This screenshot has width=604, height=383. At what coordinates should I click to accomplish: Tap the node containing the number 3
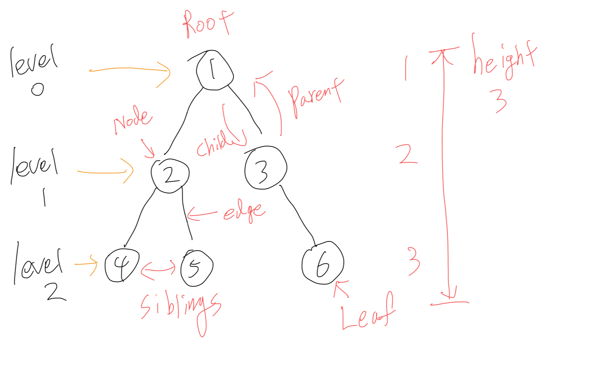pos(265,168)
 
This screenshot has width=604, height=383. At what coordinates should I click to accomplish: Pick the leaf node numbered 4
pos(122,265)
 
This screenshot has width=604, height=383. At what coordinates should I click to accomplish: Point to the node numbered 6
pos(323,263)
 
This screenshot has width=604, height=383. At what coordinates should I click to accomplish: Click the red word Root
pos(207,24)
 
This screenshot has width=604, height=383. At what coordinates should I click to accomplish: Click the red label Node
pos(133,119)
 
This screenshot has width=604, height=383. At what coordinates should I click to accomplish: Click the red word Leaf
pos(367,313)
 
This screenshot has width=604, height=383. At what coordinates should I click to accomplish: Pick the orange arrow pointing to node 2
pos(105,172)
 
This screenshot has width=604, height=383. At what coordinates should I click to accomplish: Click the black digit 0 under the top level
pos(37,89)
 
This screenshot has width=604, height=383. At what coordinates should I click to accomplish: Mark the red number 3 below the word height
pos(499,101)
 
